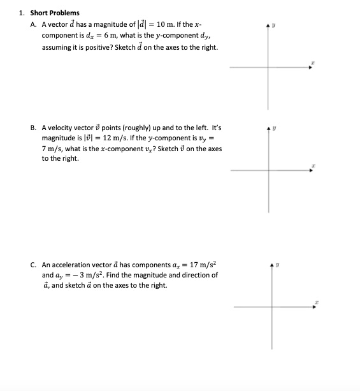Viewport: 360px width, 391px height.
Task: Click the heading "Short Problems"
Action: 55,13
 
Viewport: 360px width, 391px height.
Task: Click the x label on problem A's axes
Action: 313,62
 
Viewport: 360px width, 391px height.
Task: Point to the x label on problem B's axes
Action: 313,165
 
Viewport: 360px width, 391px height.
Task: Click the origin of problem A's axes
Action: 270,68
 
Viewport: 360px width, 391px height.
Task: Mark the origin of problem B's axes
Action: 270,170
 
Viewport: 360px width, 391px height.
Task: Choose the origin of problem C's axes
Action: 273,307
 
